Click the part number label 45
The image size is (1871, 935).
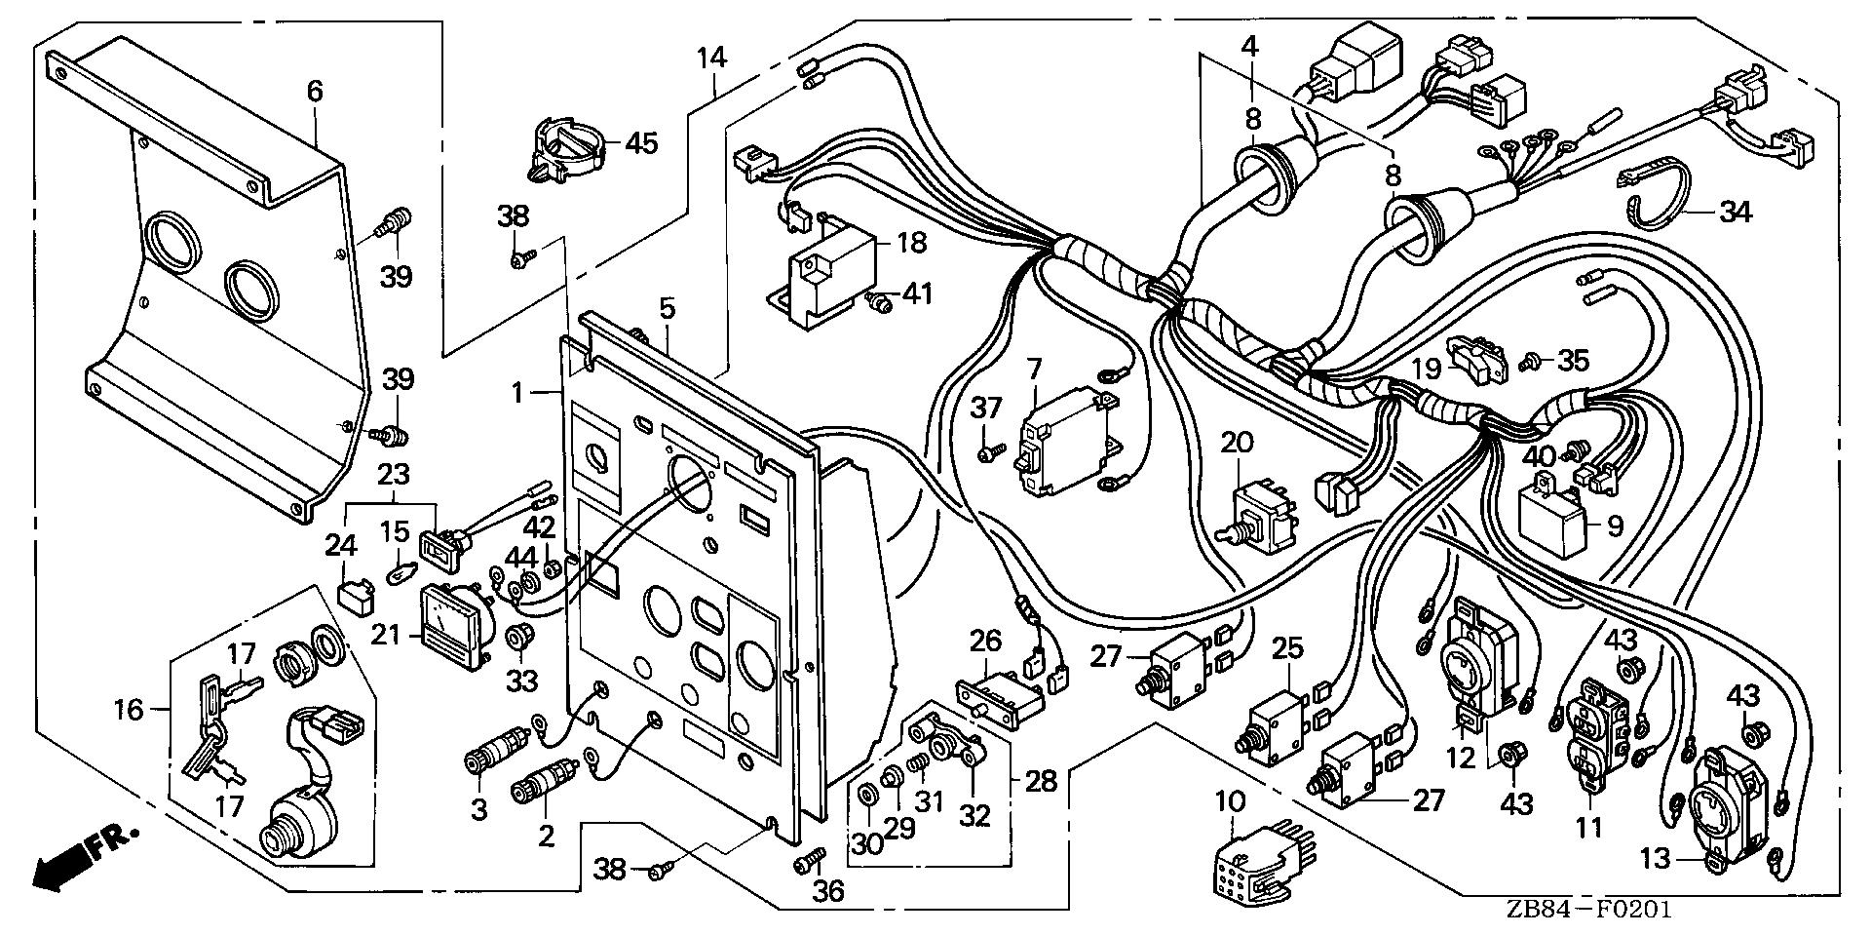click(x=641, y=143)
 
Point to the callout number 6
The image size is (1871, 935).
click(x=314, y=92)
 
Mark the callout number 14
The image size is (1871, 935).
click(x=712, y=57)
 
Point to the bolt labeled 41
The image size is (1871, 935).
click(x=881, y=304)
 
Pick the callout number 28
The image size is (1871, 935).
click(x=1041, y=781)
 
